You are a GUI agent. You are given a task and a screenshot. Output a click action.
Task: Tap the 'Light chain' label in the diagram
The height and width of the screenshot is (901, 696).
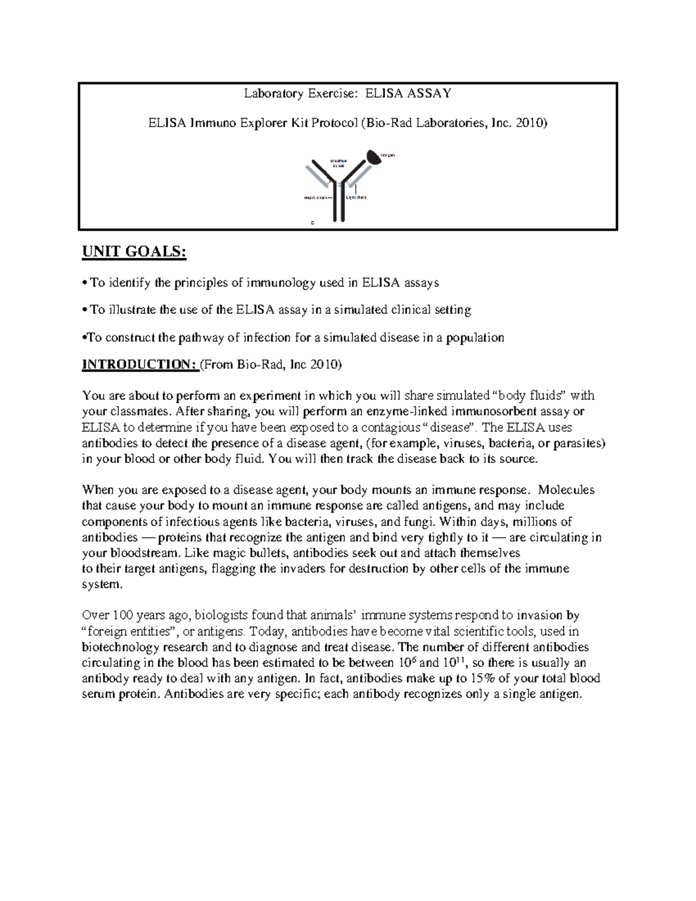(356, 198)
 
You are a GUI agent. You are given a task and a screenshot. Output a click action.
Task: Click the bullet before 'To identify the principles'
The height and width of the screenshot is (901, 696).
(85, 283)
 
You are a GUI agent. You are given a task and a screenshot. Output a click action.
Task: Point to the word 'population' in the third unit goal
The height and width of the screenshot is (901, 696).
(475, 338)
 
